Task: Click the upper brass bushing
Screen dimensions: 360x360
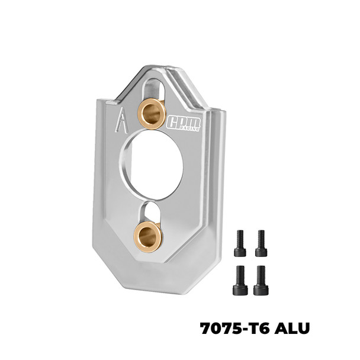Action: coord(152,113)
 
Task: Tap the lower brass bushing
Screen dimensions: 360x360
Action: coord(148,236)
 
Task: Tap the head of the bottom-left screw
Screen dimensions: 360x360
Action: coord(240,290)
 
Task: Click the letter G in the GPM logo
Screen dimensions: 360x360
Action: coord(173,121)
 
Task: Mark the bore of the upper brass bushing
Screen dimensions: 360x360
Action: coord(152,112)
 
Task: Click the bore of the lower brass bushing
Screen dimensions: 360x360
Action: coord(149,236)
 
